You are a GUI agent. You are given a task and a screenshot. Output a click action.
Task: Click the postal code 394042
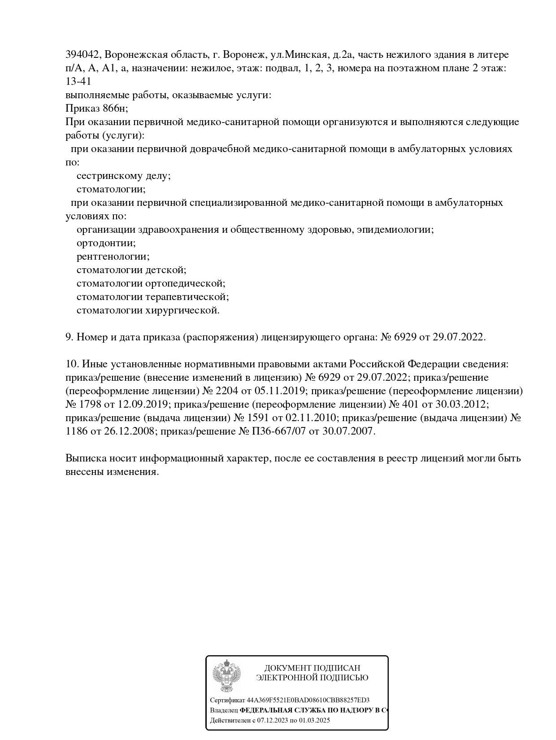click(83, 55)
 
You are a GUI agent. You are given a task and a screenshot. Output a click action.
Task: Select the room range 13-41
click(78, 82)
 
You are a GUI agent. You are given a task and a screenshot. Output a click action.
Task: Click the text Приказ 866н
click(96, 109)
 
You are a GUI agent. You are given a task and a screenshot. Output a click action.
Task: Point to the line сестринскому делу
click(123, 176)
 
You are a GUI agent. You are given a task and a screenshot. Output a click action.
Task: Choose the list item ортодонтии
click(106, 243)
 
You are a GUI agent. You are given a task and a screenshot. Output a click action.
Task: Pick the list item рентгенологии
click(113, 257)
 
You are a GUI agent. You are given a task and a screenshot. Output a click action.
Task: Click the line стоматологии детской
click(131, 270)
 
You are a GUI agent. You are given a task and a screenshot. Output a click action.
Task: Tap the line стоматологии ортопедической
click(151, 283)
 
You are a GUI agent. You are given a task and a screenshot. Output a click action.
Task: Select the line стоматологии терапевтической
click(152, 297)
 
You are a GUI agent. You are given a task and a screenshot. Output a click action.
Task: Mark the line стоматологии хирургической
click(148, 310)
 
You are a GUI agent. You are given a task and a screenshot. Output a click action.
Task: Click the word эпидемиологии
click(397, 230)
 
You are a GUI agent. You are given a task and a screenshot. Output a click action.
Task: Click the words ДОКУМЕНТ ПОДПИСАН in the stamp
click(312, 668)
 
